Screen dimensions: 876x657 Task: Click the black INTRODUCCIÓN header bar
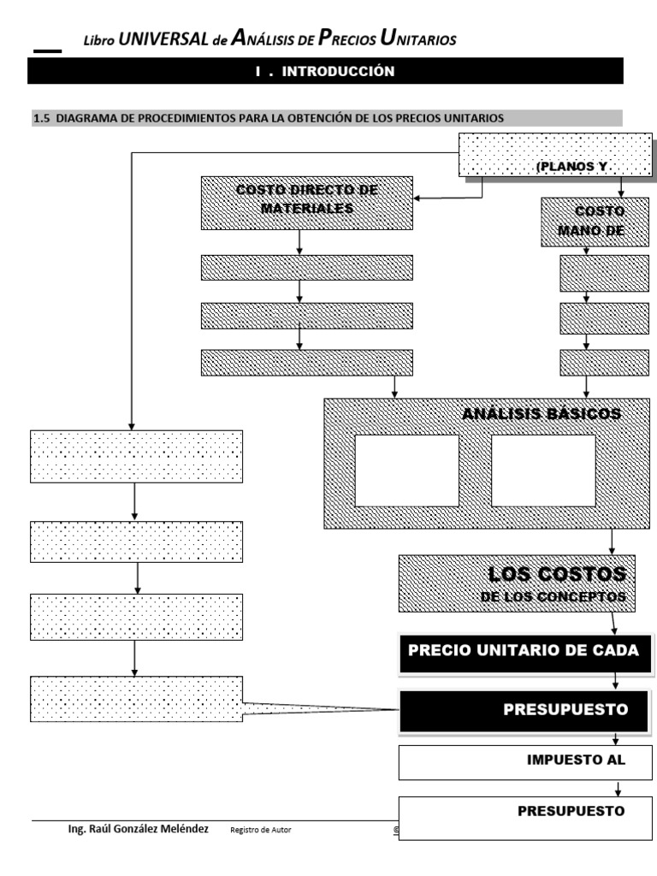tap(325, 72)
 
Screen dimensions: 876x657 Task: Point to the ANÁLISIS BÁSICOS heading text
tap(541, 414)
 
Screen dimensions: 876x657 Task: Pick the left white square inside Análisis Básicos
tap(406, 471)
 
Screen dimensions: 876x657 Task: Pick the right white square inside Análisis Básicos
tap(543, 471)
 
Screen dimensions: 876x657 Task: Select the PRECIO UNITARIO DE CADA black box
tap(524, 650)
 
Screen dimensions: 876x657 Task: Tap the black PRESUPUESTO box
tap(524, 710)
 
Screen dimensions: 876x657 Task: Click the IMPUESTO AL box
tap(524, 762)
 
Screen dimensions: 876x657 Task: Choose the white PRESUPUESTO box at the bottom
tap(524, 817)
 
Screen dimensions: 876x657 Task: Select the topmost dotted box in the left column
tap(136, 457)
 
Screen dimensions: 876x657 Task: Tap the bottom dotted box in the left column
tap(136, 700)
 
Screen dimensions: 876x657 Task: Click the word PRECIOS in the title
tap(346, 38)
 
